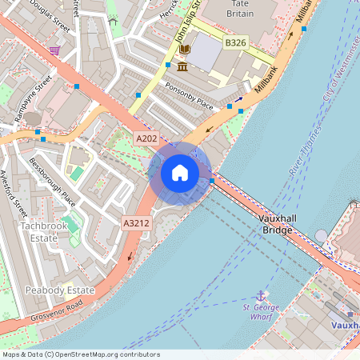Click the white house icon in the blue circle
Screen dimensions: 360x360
point(180,172)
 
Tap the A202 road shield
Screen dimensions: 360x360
point(146,138)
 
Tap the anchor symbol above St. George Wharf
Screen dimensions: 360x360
point(260,296)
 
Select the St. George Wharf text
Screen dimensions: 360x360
point(258,311)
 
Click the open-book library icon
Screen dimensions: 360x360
point(184,50)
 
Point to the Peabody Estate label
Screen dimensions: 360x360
point(59,290)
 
